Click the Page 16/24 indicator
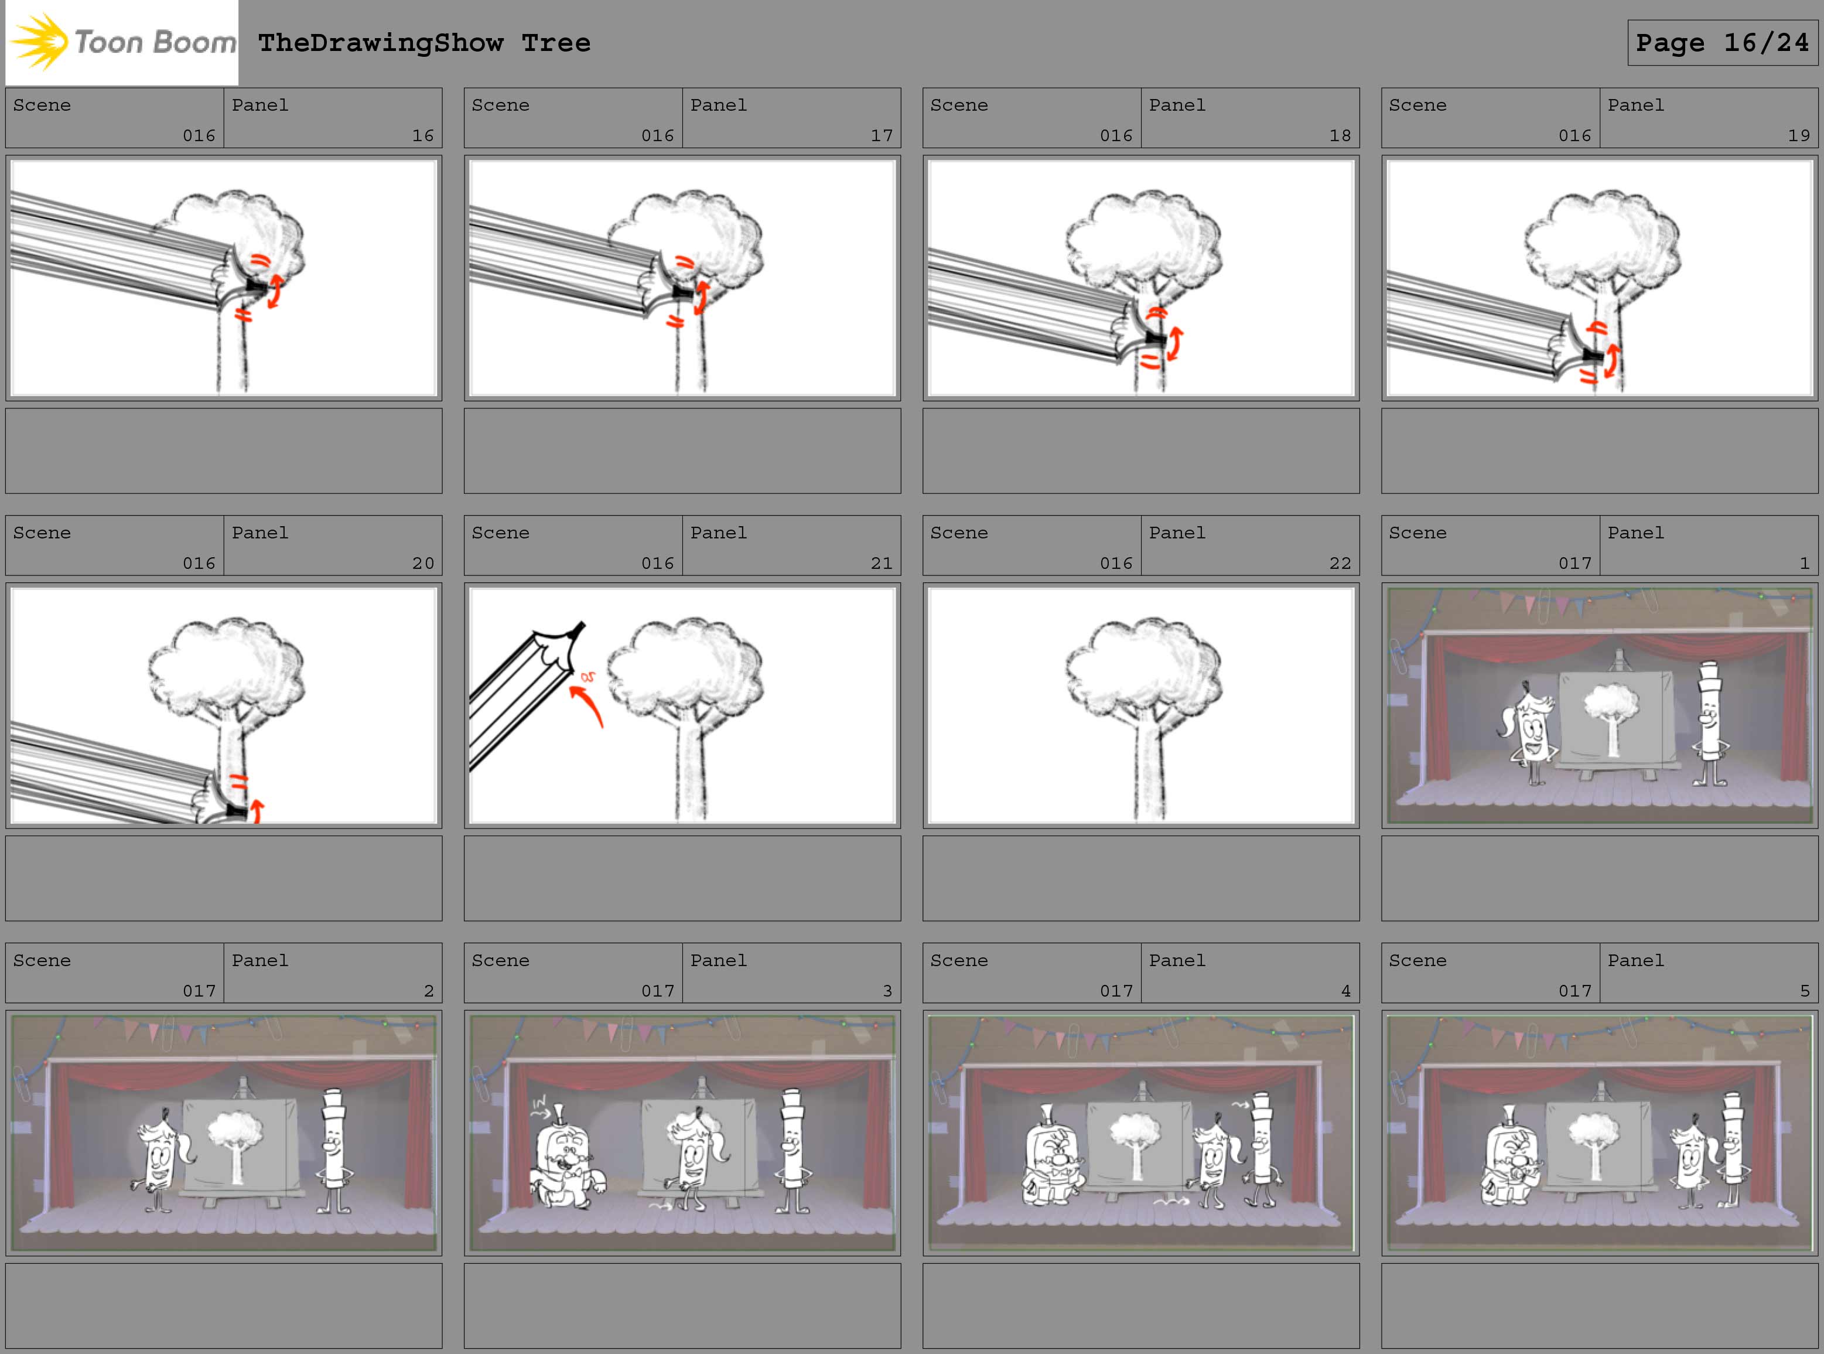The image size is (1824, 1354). (x=1723, y=43)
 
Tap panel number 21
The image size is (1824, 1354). (x=881, y=563)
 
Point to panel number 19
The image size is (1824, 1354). (x=1799, y=135)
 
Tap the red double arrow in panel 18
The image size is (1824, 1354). (x=1174, y=343)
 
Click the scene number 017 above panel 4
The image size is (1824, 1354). (x=1116, y=991)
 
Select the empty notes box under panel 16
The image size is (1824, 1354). (x=224, y=451)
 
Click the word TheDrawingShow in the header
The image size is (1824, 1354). (x=381, y=43)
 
